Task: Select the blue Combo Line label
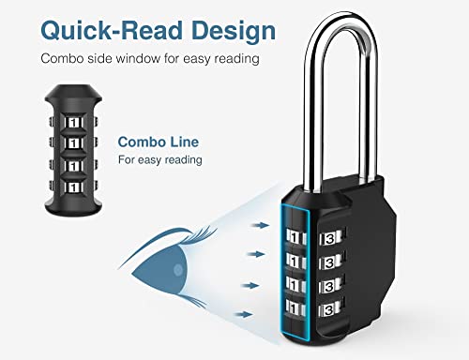click(151, 143)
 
